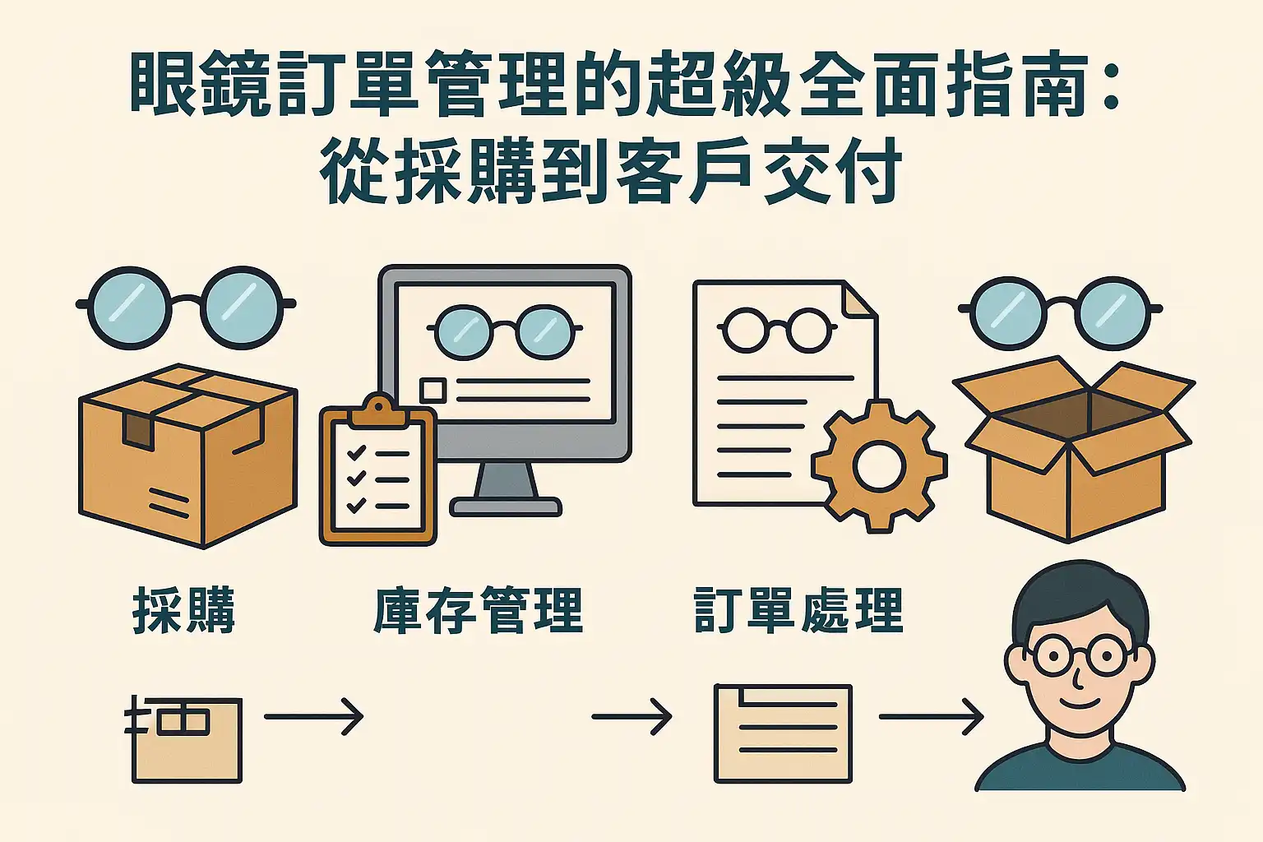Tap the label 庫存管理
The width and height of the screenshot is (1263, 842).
(478, 609)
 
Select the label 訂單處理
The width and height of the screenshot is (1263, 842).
(798, 609)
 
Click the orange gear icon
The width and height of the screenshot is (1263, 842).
(879, 466)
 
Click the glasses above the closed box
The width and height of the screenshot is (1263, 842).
(186, 307)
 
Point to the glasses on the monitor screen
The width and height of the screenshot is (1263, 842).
(504, 331)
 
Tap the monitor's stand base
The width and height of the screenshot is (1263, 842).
(506, 504)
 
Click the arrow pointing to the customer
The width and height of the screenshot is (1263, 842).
(931, 717)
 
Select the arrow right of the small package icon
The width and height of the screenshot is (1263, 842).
(313, 717)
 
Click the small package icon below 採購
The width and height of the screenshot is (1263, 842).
(186, 738)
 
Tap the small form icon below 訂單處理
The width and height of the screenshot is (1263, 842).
(783, 733)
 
